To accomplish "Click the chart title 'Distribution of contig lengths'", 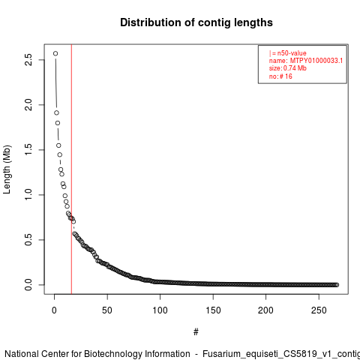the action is click(196, 22).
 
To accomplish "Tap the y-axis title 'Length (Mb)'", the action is click(7, 169).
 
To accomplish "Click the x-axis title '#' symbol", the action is click(196, 332).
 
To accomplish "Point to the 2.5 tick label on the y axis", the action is click(28, 60).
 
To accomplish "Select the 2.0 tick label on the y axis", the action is click(28, 105).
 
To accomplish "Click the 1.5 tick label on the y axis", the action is click(28, 150).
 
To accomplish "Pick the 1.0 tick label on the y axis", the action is click(28, 195).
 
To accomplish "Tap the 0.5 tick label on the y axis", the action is click(28, 240).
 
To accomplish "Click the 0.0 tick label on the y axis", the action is click(28, 285).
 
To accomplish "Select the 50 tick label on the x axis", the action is click(107, 310).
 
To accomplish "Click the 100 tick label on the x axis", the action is click(160, 310).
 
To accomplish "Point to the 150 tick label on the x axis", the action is click(213, 310).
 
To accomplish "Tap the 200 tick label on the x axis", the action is click(265, 310).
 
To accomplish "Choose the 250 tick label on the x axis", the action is click(319, 310).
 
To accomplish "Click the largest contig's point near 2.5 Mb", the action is click(55, 53).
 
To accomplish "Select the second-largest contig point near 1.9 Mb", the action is click(56, 112).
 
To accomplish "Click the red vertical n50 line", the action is click(71, 169).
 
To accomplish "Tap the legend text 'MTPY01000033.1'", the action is click(316, 61).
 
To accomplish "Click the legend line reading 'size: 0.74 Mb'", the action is click(288, 68).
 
